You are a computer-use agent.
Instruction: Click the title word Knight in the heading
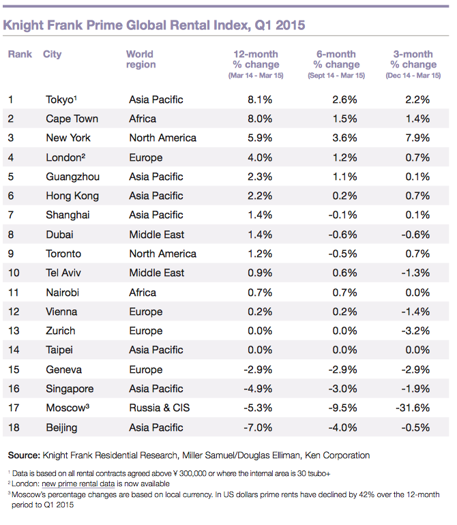coord(25,25)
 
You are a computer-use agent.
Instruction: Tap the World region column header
coord(141,59)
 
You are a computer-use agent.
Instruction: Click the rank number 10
coord(14,273)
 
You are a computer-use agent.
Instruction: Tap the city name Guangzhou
coord(73,177)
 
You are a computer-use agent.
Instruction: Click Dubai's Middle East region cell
coord(156,235)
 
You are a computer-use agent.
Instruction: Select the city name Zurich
coord(61,331)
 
